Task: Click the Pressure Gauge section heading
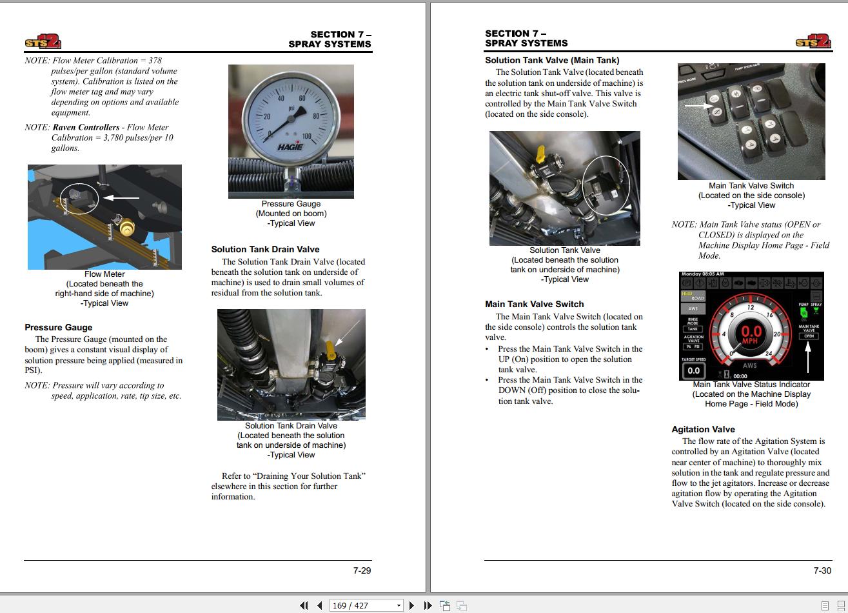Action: pyautogui.click(x=58, y=327)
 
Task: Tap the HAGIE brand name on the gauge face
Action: pyautogui.click(x=290, y=146)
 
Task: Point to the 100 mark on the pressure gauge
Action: pyautogui.click(x=306, y=137)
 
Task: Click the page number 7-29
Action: pyautogui.click(x=362, y=570)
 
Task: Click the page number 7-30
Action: pyautogui.click(x=822, y=570)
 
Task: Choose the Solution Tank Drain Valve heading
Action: pyautogui.click(x=265, y=249)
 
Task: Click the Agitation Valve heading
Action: pyautogui.click(x=703, y=429)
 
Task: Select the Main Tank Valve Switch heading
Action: pyautogui.click(x=534, y=304)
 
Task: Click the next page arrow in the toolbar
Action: pyautogui.click(x=411, y=605)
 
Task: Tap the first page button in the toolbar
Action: pyautogui.click(x=304, y=605)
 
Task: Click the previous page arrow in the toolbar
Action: pyautogui.click(x=319, y=605)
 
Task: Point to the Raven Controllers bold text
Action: pyautogui.click(x=86, y=127)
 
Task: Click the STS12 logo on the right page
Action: pyautogui.click(x=813, y=42)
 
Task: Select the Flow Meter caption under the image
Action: pyautogui.click(x=104, y=274)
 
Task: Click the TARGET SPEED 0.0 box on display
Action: pyautogui.click(x=693, y=370)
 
